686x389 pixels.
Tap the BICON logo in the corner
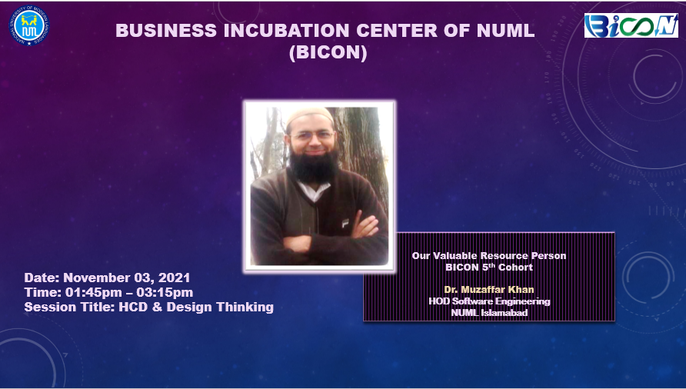click(631, 25)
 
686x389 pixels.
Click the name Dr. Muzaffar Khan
click(489, 290)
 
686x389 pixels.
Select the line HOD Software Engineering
click(489, 301)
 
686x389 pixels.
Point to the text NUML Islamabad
click(489, 312)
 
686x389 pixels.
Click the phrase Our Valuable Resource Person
click(489, 255)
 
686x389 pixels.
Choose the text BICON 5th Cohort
click(489, 267)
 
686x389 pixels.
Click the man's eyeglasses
click(313, 136)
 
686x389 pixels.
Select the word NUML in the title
click(502, 32)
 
